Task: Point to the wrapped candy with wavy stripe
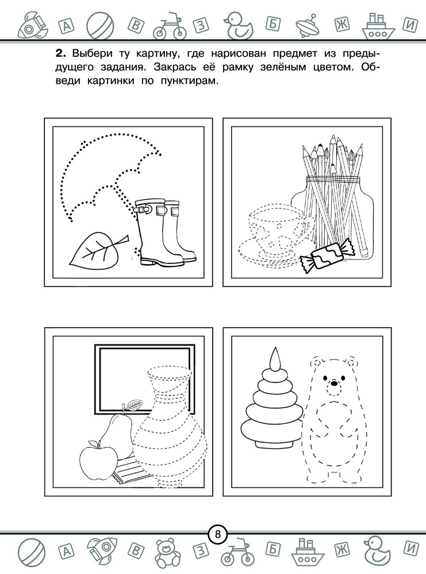click(x=327, y=255)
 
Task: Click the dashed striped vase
click(x=170, y=427)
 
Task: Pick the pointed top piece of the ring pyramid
click(x=275, y=358)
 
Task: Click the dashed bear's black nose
click(x=333, y=384)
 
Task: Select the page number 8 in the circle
click(x=218, y=534)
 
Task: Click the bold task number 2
click(x=60, y=54)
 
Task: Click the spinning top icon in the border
click(x=308, y=25)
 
